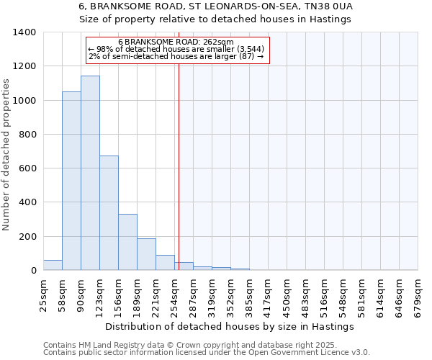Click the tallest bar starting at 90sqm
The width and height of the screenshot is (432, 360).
pyautogui.click(x=90, y=173)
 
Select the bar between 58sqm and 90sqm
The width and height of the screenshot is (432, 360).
pyautogui.click(x=71, y=181)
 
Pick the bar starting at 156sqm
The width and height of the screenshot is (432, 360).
pyautogui.click(x=127, y=242)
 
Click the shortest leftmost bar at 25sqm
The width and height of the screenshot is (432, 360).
pyautogui.click(x=53, y=265)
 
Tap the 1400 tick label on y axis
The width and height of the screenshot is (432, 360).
pyautogui.click(x=24, y=32)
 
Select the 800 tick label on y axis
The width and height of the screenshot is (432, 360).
pyautogui.click(x=27, y=135)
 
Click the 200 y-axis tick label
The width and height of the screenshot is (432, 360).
pyautogui.click(x=27, y=237)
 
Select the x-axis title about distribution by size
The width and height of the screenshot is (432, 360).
pyautogui.click(x=230, y=327)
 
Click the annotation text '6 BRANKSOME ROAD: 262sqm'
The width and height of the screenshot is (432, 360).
pyautogui.click(x=176, y=42)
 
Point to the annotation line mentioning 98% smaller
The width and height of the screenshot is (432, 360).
pyautogui.click(x=176, y=49)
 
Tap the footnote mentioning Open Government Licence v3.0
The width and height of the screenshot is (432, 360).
pyautogui.click(x=207, y=353)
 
